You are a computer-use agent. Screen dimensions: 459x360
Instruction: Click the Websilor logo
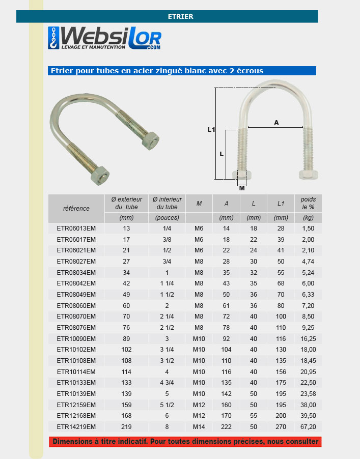(105, 39)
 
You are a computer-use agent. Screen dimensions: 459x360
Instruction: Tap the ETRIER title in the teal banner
(180, 17)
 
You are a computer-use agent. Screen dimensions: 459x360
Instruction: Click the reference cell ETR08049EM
(76, 294)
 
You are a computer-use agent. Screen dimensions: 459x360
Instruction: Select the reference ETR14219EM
(76, 427)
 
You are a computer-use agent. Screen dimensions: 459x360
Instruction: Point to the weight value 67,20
(309, 427)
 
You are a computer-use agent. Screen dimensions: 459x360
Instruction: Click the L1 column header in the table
(281, 204)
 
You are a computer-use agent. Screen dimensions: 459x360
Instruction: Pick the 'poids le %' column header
(308, 204)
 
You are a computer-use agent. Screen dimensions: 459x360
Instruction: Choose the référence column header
(76, 208)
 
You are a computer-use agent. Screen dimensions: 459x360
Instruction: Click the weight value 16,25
(309, 338)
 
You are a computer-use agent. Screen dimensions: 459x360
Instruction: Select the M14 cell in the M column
(199, 427)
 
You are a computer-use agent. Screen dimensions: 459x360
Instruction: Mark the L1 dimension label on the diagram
(211, 130)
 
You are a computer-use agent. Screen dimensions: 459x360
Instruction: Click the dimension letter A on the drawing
(276, 122)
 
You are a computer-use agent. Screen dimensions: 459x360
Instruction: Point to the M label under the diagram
(242, 188)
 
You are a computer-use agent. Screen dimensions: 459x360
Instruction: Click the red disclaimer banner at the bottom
(185, 441)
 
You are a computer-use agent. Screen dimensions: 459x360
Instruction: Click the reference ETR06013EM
(76, 228)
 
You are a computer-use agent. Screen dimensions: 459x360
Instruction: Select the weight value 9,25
(309, 327)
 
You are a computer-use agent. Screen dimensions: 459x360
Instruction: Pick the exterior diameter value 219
(126, 427)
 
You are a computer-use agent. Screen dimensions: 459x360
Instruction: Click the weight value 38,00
(309, 405)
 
